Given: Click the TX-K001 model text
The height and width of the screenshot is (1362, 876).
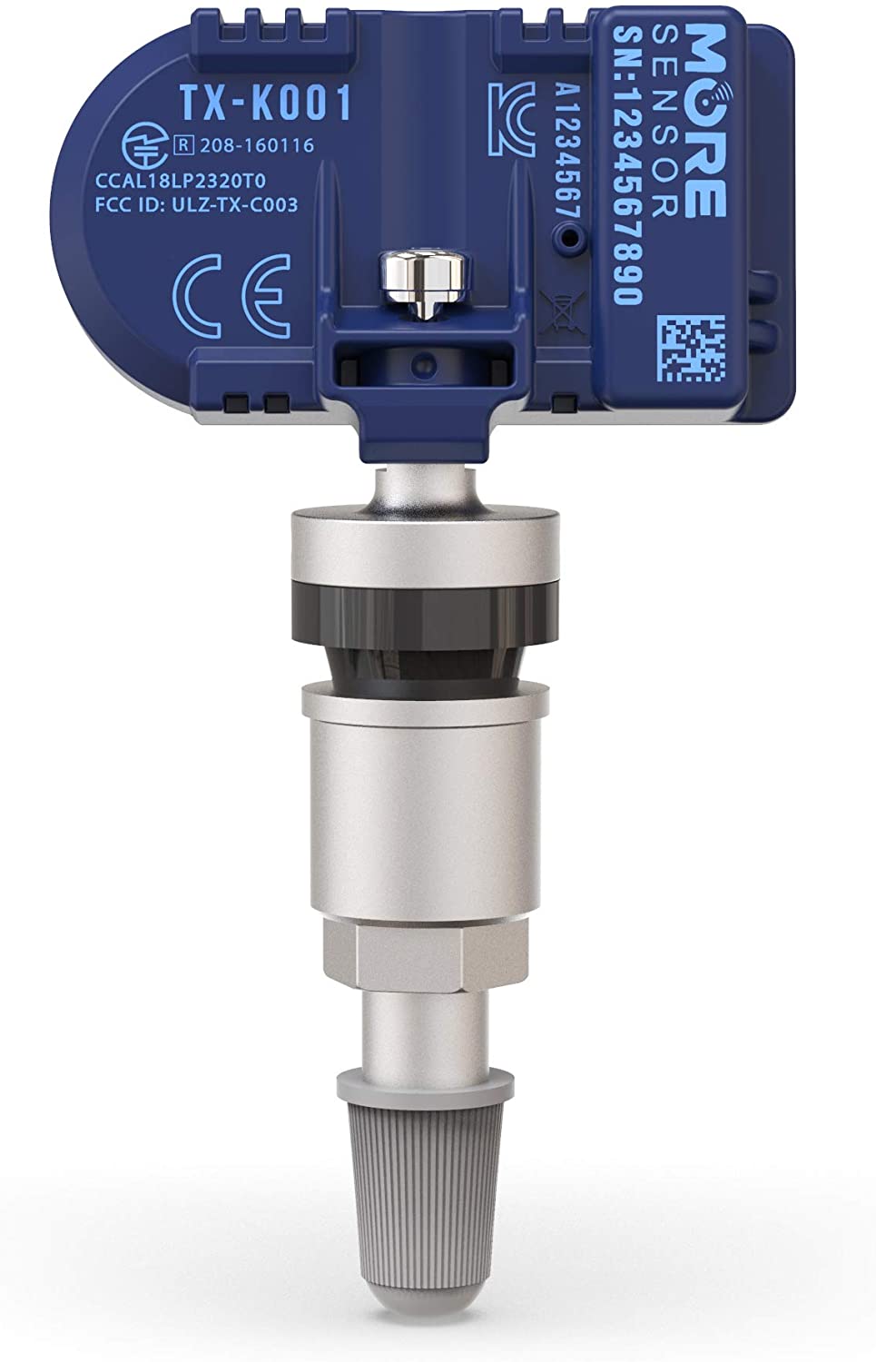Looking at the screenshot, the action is [x=265, y=103].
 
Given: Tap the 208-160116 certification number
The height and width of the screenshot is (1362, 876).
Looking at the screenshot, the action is [x=257, y=146].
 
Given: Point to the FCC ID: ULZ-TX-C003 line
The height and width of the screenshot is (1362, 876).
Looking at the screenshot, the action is [x=196, y=205].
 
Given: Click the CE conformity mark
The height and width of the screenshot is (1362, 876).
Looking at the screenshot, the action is [x=231, y=295].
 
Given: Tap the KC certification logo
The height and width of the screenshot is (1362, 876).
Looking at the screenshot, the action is [x=512, y=118].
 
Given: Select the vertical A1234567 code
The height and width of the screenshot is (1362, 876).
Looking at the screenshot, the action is [x=567, y=154].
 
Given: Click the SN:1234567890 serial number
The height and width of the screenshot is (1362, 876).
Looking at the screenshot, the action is [x=627, y=164].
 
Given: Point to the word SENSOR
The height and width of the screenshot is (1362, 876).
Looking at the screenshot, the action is [x=665, y=122].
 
